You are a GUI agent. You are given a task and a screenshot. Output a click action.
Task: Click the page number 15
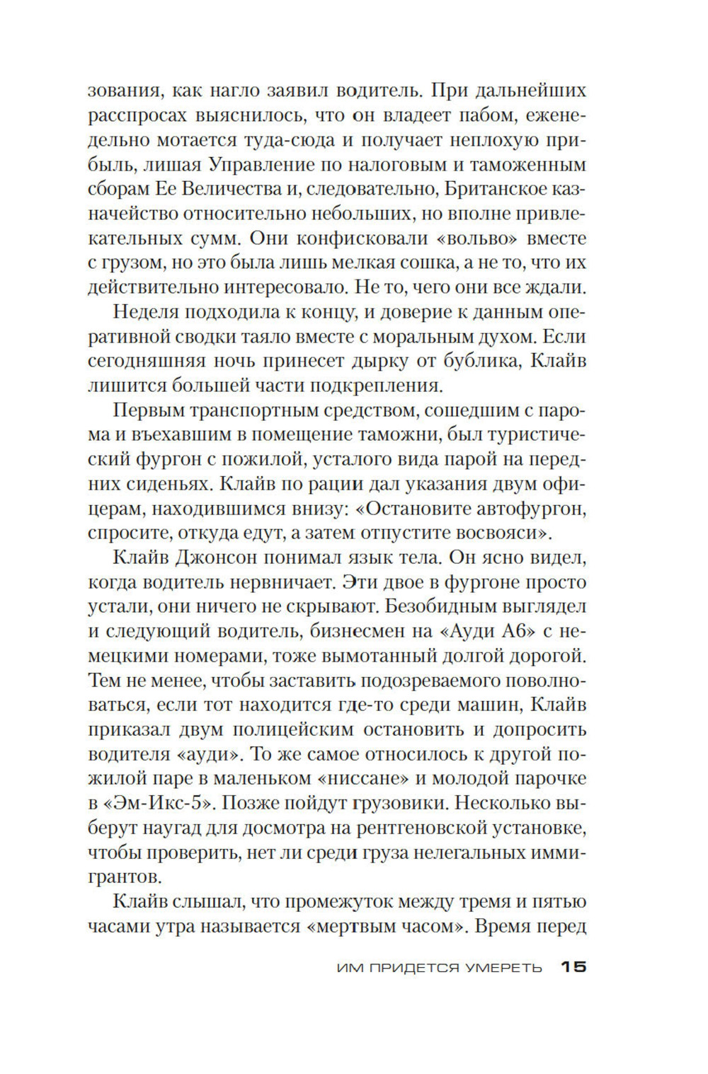[573, 967]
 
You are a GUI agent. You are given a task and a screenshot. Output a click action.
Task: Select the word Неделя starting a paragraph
[145, 312]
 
